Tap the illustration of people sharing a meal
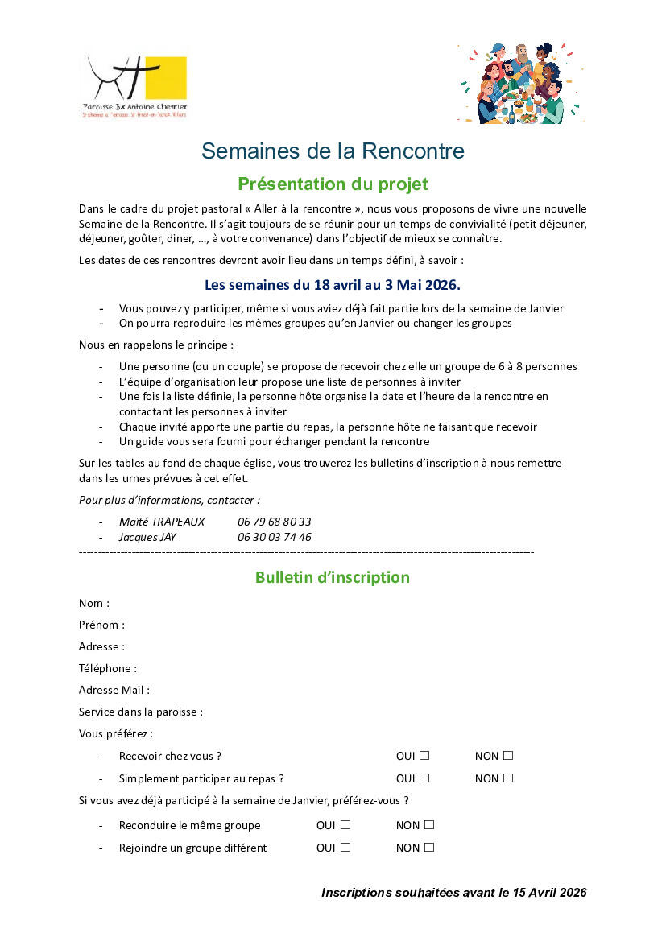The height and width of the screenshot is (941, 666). coord(520,84)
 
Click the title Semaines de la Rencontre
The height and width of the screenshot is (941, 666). coord(333,151)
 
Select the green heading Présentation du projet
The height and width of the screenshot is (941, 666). coord(333,184)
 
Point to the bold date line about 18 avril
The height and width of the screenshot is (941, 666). coord(332,285)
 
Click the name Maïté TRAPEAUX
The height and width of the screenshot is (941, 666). coord(162,522)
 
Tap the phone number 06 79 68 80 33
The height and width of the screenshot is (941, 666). coord(274,522)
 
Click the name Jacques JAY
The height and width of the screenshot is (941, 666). coord(147,537)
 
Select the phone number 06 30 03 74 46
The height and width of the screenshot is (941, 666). coord(274,537)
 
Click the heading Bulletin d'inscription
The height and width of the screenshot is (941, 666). coord(332,577)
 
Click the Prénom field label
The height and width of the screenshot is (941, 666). coord(101,625)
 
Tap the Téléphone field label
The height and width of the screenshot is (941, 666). coord(108,668)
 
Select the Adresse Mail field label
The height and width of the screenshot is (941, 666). coord(114,690)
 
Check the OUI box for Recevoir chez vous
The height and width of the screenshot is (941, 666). coord(424,756)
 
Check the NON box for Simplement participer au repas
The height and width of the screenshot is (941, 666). coord(508,778)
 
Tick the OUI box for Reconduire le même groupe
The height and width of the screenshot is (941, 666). coord(345,825)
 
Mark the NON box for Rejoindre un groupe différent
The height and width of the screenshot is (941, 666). coord(429,848)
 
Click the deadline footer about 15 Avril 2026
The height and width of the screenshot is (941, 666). coord(453,893)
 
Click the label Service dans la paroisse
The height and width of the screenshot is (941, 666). coord(141,712)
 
